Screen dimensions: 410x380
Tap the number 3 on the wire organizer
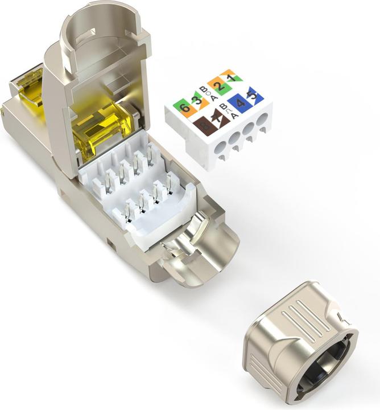tap(197, 103)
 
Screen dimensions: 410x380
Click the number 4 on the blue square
tap(240, 104)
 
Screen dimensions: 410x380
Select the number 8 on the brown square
tap(204, 126)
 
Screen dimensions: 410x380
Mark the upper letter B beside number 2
tap(203, 88)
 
